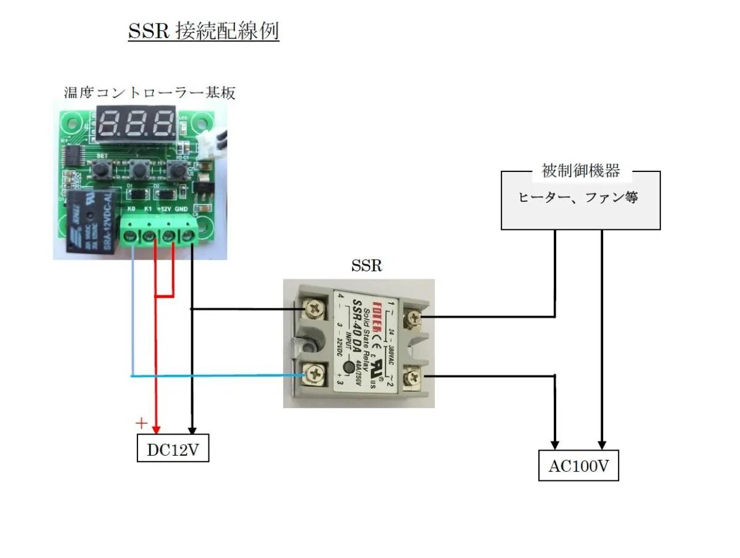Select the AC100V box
tap(578, 467)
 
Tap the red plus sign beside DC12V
tap(142, 423)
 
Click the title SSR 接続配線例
tap(203, 31)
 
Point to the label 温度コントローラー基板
tap(150, 93)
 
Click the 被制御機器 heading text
tap(580, 171)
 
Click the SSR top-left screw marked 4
tap(315, 307)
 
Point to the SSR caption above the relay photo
tap(366, 266)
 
